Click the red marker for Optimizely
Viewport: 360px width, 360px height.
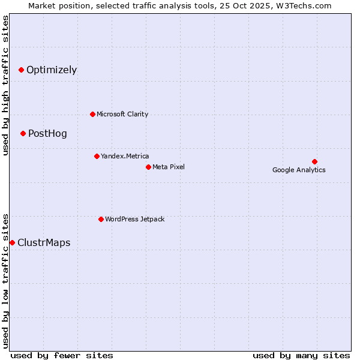point(21,70)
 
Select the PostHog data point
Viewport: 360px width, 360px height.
point(23,133)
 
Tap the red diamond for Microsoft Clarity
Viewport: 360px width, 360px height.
point(92,114)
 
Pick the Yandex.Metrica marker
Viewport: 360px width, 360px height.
point(97,156)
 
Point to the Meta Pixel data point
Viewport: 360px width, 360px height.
point(148,167)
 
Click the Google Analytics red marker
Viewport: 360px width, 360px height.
point(314,161)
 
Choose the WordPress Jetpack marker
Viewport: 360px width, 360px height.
point(101,219)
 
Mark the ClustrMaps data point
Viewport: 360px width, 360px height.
point(12,242)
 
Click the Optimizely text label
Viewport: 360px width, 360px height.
point(52,70)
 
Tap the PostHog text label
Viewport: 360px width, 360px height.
point(47,134)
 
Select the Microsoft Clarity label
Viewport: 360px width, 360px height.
point(122,115)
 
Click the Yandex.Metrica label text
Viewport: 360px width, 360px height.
point(125,157)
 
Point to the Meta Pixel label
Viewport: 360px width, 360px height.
point(169,167)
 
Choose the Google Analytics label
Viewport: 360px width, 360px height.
point(299,170)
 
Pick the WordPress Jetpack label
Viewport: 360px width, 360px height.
point(134,220)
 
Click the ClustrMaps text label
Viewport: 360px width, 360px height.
point(44,243)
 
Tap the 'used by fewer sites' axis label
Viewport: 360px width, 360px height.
point(62,355)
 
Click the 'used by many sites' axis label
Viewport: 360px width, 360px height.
point(301,355)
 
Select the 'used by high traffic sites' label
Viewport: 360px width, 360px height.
point(6,85)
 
